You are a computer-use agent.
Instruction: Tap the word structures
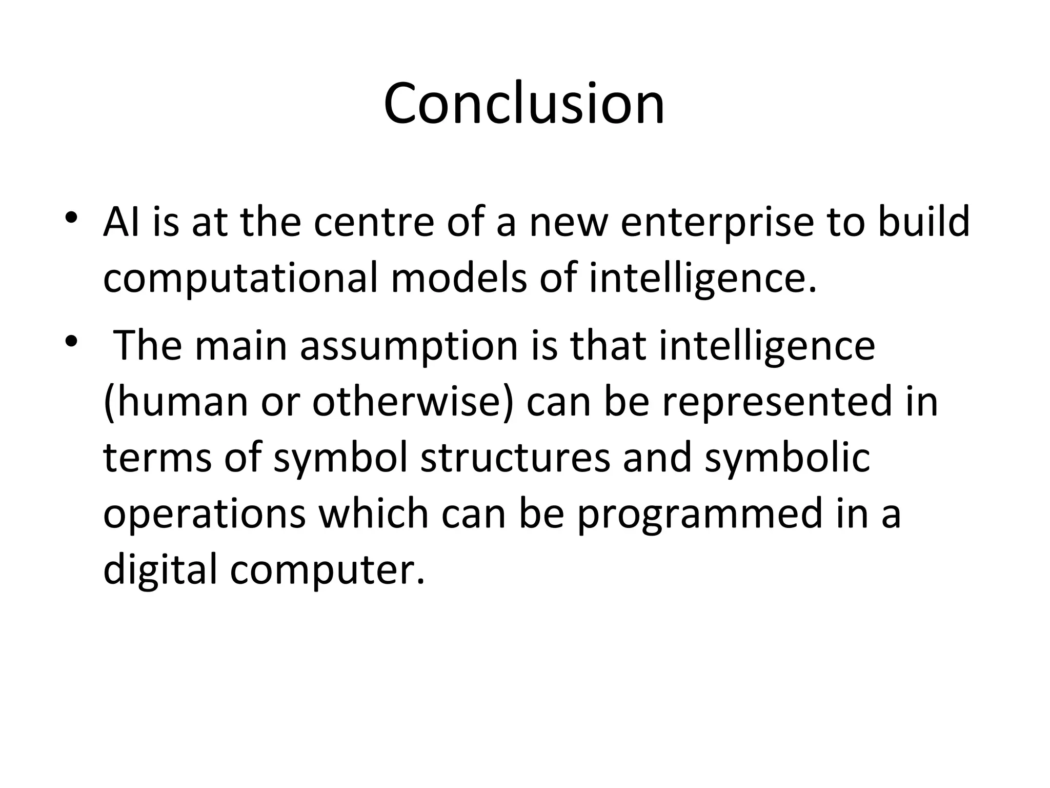click(x=515, y=458)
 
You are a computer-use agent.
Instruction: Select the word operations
click(x=205, y=515)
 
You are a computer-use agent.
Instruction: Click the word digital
click(x=160, y=571)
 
